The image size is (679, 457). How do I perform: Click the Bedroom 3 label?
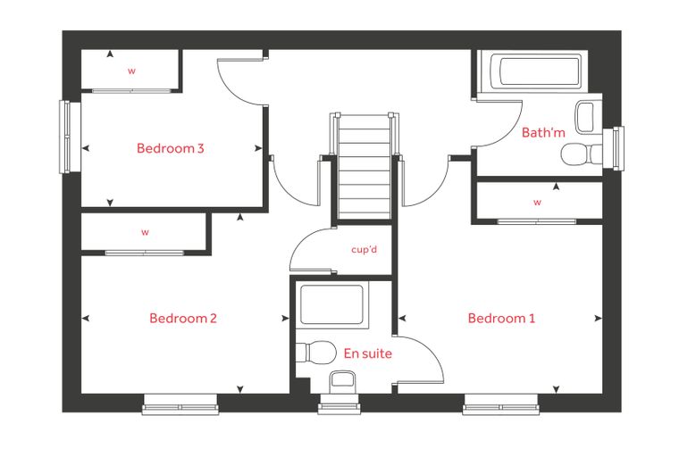click(x=170, y=148)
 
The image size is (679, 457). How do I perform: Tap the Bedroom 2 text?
click(x=183, y=319)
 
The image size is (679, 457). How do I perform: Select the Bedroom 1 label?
click(x=501, y=319)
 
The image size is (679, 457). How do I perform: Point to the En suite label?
click(x=368, y=353)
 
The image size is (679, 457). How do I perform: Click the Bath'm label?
click(x=543, y=132)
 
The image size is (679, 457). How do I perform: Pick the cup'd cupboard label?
click(x=365, y=249)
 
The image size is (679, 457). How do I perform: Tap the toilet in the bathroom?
click(x=582, y=154)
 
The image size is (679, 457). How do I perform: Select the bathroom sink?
click(x=588, y=117)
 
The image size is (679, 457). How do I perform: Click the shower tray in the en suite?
click(x=331, y=304)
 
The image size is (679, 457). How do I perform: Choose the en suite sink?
click(x=342, y=382)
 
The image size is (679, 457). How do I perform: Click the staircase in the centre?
click(x=365, y=167)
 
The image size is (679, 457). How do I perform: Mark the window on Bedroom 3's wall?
click(x=64, y=137)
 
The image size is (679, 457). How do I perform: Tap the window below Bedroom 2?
click(x=180, y=405)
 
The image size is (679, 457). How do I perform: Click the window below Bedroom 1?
click(x=500, y=405)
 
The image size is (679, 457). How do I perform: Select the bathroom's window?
click(x=619, y=148)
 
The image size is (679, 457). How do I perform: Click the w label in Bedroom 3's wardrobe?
click(x=131, y=71)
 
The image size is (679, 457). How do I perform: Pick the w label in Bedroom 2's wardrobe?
click(x=145, y=232)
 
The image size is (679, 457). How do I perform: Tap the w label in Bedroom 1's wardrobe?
click(x=538, y=202)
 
